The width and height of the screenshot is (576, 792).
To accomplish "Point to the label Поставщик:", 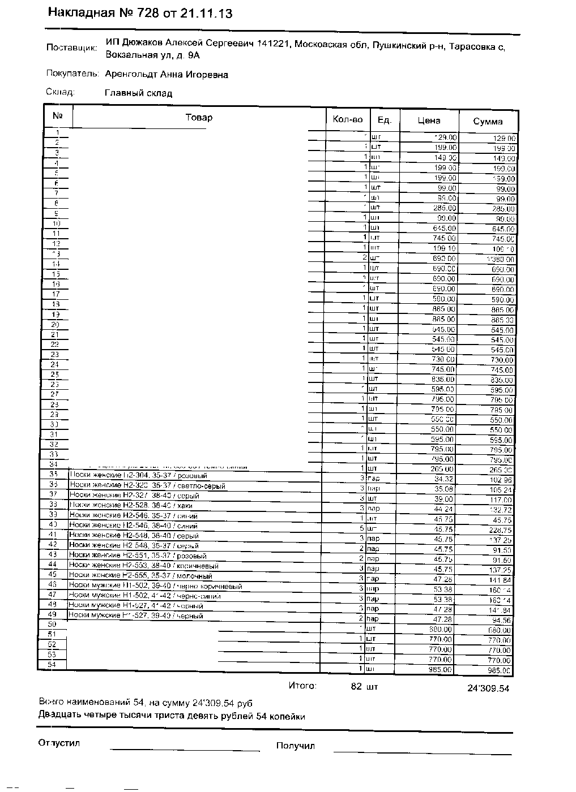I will pos(72,48).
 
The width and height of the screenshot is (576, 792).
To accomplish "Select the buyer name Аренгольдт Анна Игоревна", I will pos(167,75).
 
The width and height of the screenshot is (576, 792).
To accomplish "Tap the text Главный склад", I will pos(138,93).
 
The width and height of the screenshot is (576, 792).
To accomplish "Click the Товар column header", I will pos(199,118).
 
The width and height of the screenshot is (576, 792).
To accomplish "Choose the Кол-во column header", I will pos(347,119).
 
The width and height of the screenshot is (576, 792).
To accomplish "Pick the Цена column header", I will pos(429,120).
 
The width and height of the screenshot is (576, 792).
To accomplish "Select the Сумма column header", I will pos(488,121).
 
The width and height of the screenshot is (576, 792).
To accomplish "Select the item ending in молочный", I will pos(140,576).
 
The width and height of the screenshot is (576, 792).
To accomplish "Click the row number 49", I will pos(53,614).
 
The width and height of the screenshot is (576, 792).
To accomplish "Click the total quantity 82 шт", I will pos(364,687).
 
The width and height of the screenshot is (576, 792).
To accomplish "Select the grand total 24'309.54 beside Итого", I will pos(488,688).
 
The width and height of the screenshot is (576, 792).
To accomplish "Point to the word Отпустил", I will pos(59,743).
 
